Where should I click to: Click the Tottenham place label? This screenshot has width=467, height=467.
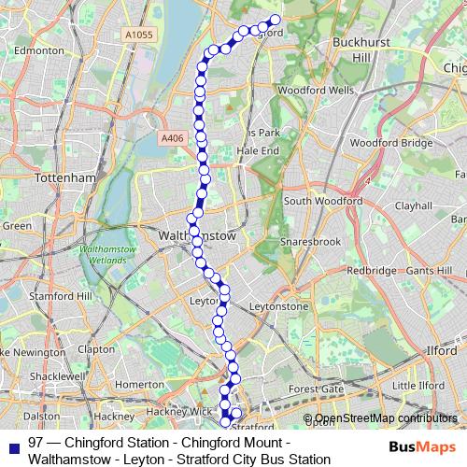pyautogui.click(x=64, y=177)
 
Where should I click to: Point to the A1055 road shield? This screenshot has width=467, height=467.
pyautogui.click(x=137, y=35)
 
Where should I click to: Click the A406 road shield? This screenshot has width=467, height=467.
pyautogui.click(x=172, y=138)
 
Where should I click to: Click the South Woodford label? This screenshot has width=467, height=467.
pyautogui.click(x=323, y=201)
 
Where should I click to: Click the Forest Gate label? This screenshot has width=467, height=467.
pyautogui.click(x=316, y=389)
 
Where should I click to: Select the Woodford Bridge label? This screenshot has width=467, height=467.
pyautogui.click(x=391, y=143)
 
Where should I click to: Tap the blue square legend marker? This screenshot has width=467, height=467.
pyautogui.click(x=11, y=442)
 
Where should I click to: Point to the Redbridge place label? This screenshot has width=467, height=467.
pyautogui.click(x=372, y=270)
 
